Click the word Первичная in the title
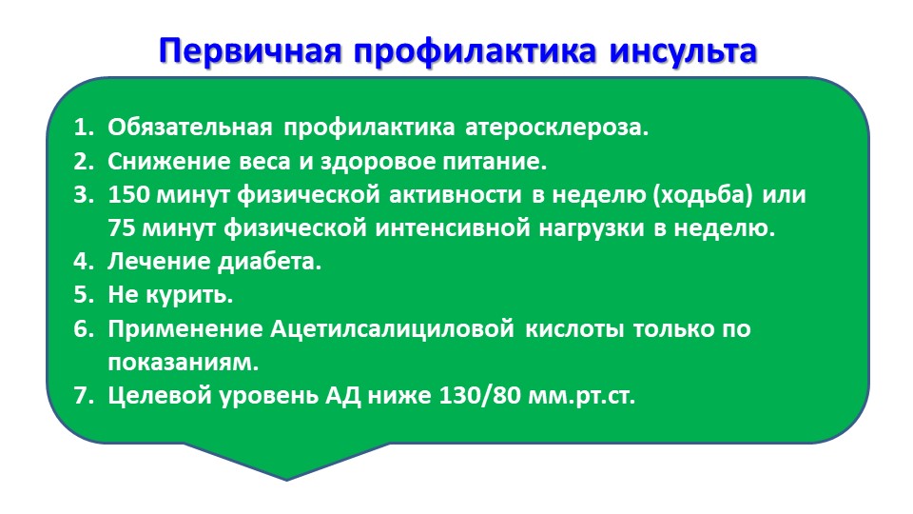click(x=250, y=51)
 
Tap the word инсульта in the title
click(x=684, y=50)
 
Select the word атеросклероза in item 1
click(x=556, y=128)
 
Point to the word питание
click(x=495, y=162)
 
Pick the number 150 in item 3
click(x=128, y=194)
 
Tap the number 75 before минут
click(x=121, y=228)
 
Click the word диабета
click(x=269, y=262)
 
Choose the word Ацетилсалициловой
click(x=392, y=329)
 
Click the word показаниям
click(x=183, y=363)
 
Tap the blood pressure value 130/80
click(x=479, y=396)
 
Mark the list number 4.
click(x=83, y=262)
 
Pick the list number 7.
click(x=83, y=396)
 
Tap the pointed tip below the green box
click(x=286, y=480)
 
